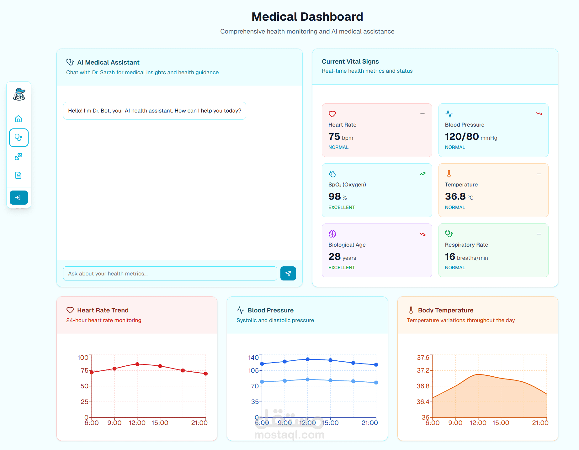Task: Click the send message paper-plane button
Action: pyautogui.click(x=288, y=274)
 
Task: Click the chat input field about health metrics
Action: pyautogui.click(x=170, y=274)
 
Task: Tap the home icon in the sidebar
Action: pyautogui.click(x=19, y=119)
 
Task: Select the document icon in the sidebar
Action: pyautogui.click(x=19, y=175)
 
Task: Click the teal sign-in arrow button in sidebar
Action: pyautogui.click(x=19, y=197)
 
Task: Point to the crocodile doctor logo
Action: pyautogui.click(x=19, y=94)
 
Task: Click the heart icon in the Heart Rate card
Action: pyautogui.click(x=332, y=114)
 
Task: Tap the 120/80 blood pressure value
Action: pyautogui.click(x=462, y=137)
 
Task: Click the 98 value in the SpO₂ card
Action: pyautogui.click(x=334, y=196)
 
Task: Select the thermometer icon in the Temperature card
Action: pyautogui.click(x=449, y=174)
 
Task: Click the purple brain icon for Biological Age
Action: pyautogui.click(x=332, y=234)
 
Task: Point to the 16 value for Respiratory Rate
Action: pyautogui.click(x=450, y=257)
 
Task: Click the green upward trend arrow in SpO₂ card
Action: pyautogui.click(x=422, y=174)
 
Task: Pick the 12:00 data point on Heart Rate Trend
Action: pyautogui.click(x=137, y=364)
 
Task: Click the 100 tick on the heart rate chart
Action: pyautogui.click(x=83, y=358)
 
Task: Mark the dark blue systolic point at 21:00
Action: pyautogui.click(x=376, y=364)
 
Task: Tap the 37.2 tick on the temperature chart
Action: pyautogui.click(x=423, y=370)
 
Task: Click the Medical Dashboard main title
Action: pyautogui.click(x=307, y=17)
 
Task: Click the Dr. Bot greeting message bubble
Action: pyautogui.click(x=155, y=111)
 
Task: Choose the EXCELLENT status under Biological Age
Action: pyautogui.click(x=342, y=268)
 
